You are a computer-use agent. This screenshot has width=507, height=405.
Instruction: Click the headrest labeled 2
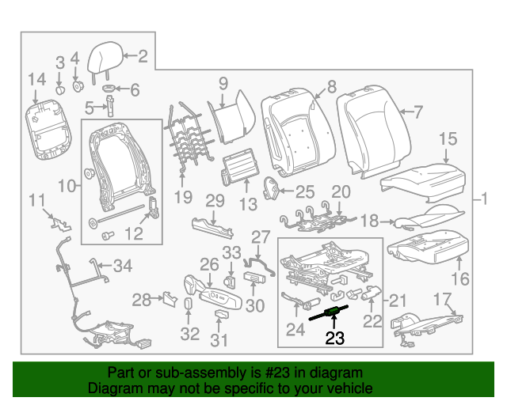[105, 60]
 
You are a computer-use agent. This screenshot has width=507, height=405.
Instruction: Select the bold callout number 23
[334, 338]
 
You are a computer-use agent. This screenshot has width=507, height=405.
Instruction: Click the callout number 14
[37, 79]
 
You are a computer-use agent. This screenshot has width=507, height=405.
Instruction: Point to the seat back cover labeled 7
[372, 131]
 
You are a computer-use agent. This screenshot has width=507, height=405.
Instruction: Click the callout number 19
[183, 197]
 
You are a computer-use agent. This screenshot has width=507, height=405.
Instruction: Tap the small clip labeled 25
[271, 188]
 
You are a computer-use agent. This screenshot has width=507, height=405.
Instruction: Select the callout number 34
[123, 266]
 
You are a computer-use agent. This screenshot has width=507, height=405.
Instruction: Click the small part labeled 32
[189, 305]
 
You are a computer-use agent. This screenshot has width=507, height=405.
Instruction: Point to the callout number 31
[219, 340]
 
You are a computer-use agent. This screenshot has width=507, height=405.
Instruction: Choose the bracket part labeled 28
[170, 299]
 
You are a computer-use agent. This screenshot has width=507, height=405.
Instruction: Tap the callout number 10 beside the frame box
[67, 187]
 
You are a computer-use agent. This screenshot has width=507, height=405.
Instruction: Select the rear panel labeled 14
[48, 130]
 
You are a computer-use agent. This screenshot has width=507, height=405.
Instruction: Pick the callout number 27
[261, 237]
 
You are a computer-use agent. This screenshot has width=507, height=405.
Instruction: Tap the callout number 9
[223, 83]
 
